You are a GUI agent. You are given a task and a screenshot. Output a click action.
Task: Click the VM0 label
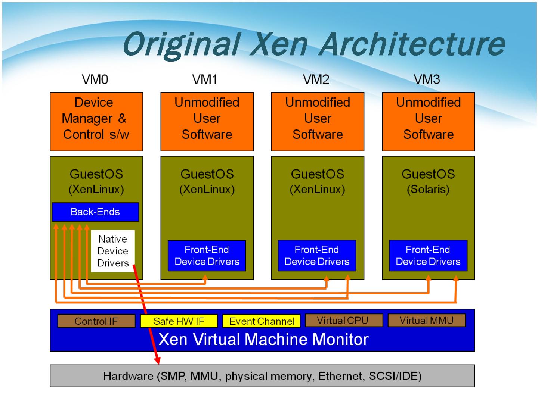point(95,79)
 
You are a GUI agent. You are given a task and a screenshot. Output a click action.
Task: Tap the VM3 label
point(427,79)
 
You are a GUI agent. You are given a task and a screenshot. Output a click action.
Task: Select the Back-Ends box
point(95,212)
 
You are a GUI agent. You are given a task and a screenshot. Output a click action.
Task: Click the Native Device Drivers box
point(112,251)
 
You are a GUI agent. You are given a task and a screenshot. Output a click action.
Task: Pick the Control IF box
point(96,321)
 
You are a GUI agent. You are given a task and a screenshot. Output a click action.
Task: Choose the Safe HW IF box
point(179,321)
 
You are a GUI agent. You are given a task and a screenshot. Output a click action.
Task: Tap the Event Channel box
point(262,321)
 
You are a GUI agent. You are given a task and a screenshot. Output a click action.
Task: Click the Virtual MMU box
point(427,320)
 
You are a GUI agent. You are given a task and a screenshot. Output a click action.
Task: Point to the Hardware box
point(262,376)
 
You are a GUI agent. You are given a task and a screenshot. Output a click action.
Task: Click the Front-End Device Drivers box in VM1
point(207,256)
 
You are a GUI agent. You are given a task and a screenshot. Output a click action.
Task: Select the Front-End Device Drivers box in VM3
point(428,256)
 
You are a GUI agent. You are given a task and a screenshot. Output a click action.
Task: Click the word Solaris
point(428,189)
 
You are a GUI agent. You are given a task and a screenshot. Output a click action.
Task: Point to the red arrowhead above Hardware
point(158,360)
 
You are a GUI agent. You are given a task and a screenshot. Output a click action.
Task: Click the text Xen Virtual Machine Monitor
point(263,340)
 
